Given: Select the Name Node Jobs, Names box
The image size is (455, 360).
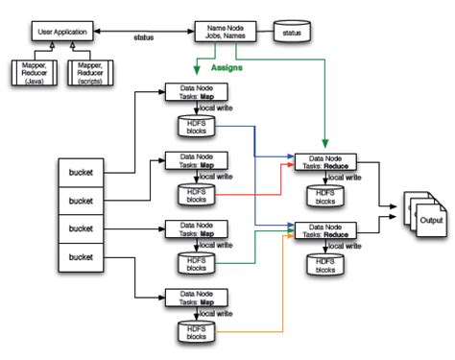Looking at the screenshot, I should click(227, 33).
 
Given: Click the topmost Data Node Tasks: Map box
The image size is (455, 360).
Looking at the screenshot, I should click(195, 93).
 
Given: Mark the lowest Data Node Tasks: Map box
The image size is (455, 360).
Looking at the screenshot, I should click(195, 299).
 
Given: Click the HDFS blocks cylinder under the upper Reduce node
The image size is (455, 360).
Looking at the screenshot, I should click(324, 196).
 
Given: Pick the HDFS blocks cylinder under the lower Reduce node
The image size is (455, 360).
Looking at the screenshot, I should click(324, 264).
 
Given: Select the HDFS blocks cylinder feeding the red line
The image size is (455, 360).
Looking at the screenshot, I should click(195, 196).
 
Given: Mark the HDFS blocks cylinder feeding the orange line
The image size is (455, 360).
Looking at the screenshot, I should click(195, 332).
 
